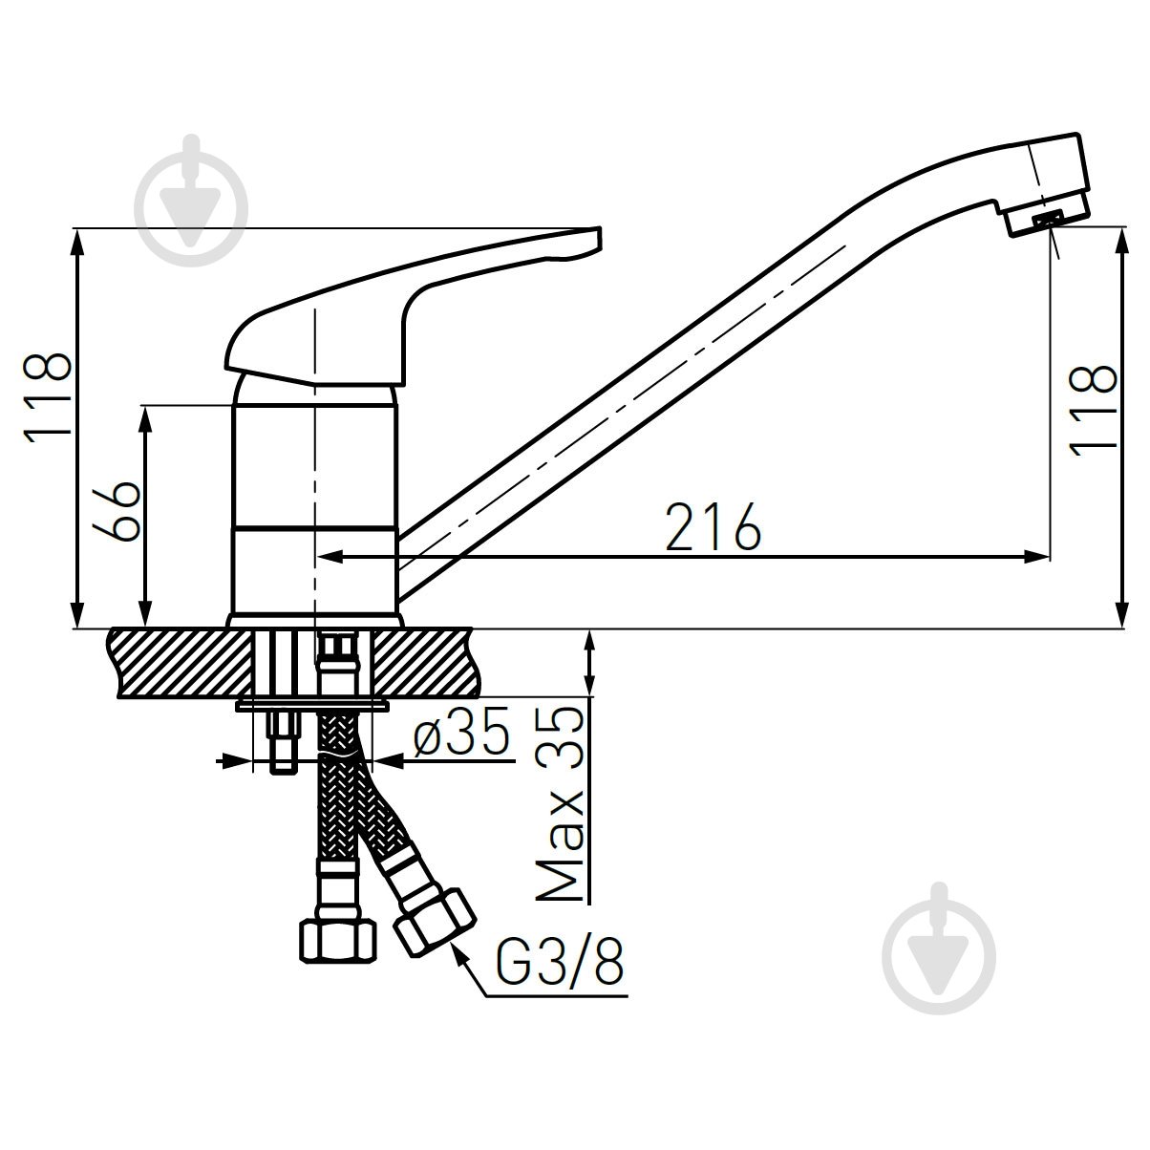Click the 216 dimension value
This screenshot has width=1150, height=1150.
click(x=713, y=526)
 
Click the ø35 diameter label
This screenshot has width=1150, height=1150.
click(x=460, y=735)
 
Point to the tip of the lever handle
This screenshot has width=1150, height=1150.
click(x=595, y=236)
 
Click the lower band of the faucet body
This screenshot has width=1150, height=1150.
click(x=312, y=570)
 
